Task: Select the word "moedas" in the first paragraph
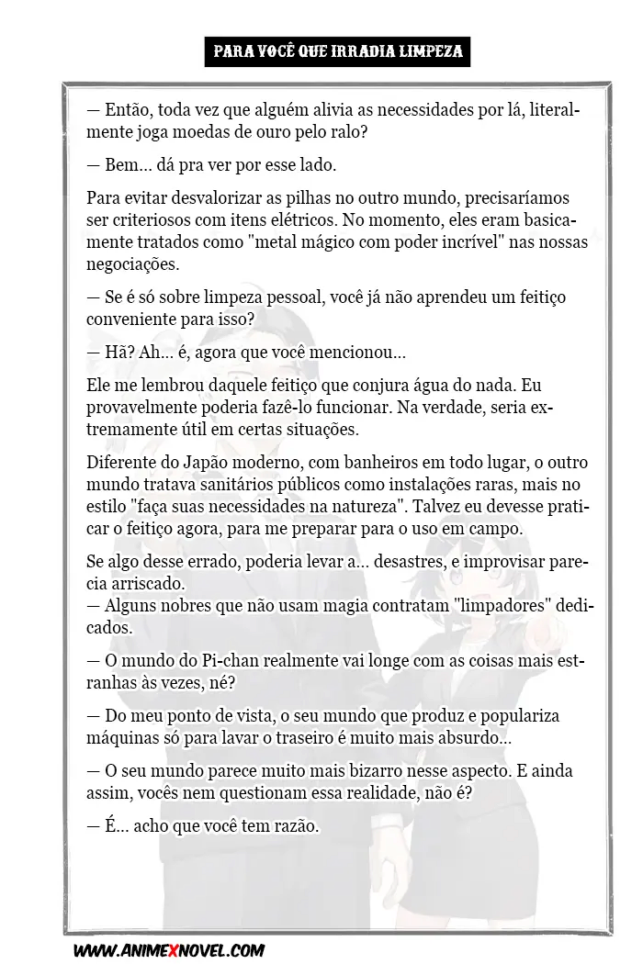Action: [204, 132]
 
